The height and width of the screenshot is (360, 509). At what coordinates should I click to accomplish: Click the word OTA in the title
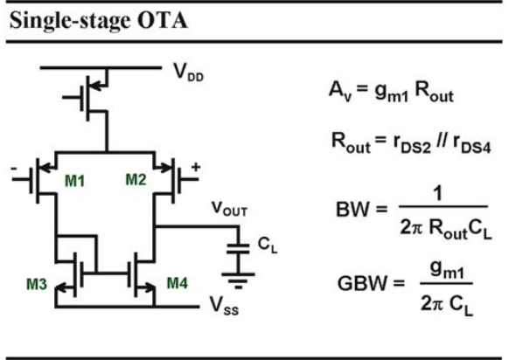tap(163, 21)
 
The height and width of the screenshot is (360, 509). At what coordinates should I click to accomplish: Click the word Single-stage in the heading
tap(70, 22)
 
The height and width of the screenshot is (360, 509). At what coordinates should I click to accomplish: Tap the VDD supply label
tap(189, 72)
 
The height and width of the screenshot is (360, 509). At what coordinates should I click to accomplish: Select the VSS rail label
tap(224, 306)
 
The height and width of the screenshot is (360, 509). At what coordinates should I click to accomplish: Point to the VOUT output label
tap(229, 209)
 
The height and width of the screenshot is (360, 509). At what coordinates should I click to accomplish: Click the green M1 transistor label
tap(74, 181)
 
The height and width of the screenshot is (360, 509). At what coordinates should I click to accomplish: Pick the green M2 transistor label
tap(136, 180)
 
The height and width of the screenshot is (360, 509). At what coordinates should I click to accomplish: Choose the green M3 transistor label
tap(37, 284)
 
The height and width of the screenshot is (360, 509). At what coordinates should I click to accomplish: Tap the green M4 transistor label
tap(178, 283)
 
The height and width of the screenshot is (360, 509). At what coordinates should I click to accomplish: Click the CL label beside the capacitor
tap(268, 245)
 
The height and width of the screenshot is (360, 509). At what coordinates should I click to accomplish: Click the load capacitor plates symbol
tap(238, 248)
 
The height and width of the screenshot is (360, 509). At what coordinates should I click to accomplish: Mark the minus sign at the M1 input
tap(14, 169)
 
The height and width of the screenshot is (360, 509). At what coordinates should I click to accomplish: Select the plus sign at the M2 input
tap(196, 167)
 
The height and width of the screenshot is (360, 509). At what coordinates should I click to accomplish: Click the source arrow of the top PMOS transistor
tap(98, 86)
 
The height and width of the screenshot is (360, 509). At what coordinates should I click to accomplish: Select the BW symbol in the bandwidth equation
tap(352, 209)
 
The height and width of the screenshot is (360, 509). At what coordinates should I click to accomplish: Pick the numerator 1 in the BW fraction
tap(438, 193)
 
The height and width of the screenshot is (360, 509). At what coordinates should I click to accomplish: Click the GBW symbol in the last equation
tap(363, 283)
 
